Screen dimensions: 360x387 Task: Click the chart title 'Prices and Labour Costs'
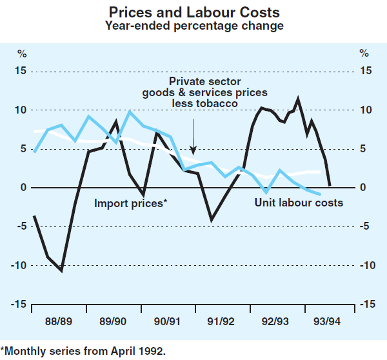coord(193,12)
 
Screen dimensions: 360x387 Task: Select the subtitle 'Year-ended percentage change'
coord(193,26)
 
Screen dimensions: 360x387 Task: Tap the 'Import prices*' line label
coord(131,203)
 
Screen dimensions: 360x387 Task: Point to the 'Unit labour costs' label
coord(299,203)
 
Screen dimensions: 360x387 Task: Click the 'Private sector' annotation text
coord(204,82)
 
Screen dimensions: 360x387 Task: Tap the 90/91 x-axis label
coord(166,321)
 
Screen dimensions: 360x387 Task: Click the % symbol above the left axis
coord(22,53)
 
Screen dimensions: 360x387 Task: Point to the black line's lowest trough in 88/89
coord(61,270)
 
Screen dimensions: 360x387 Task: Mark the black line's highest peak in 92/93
coord(297,99)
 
